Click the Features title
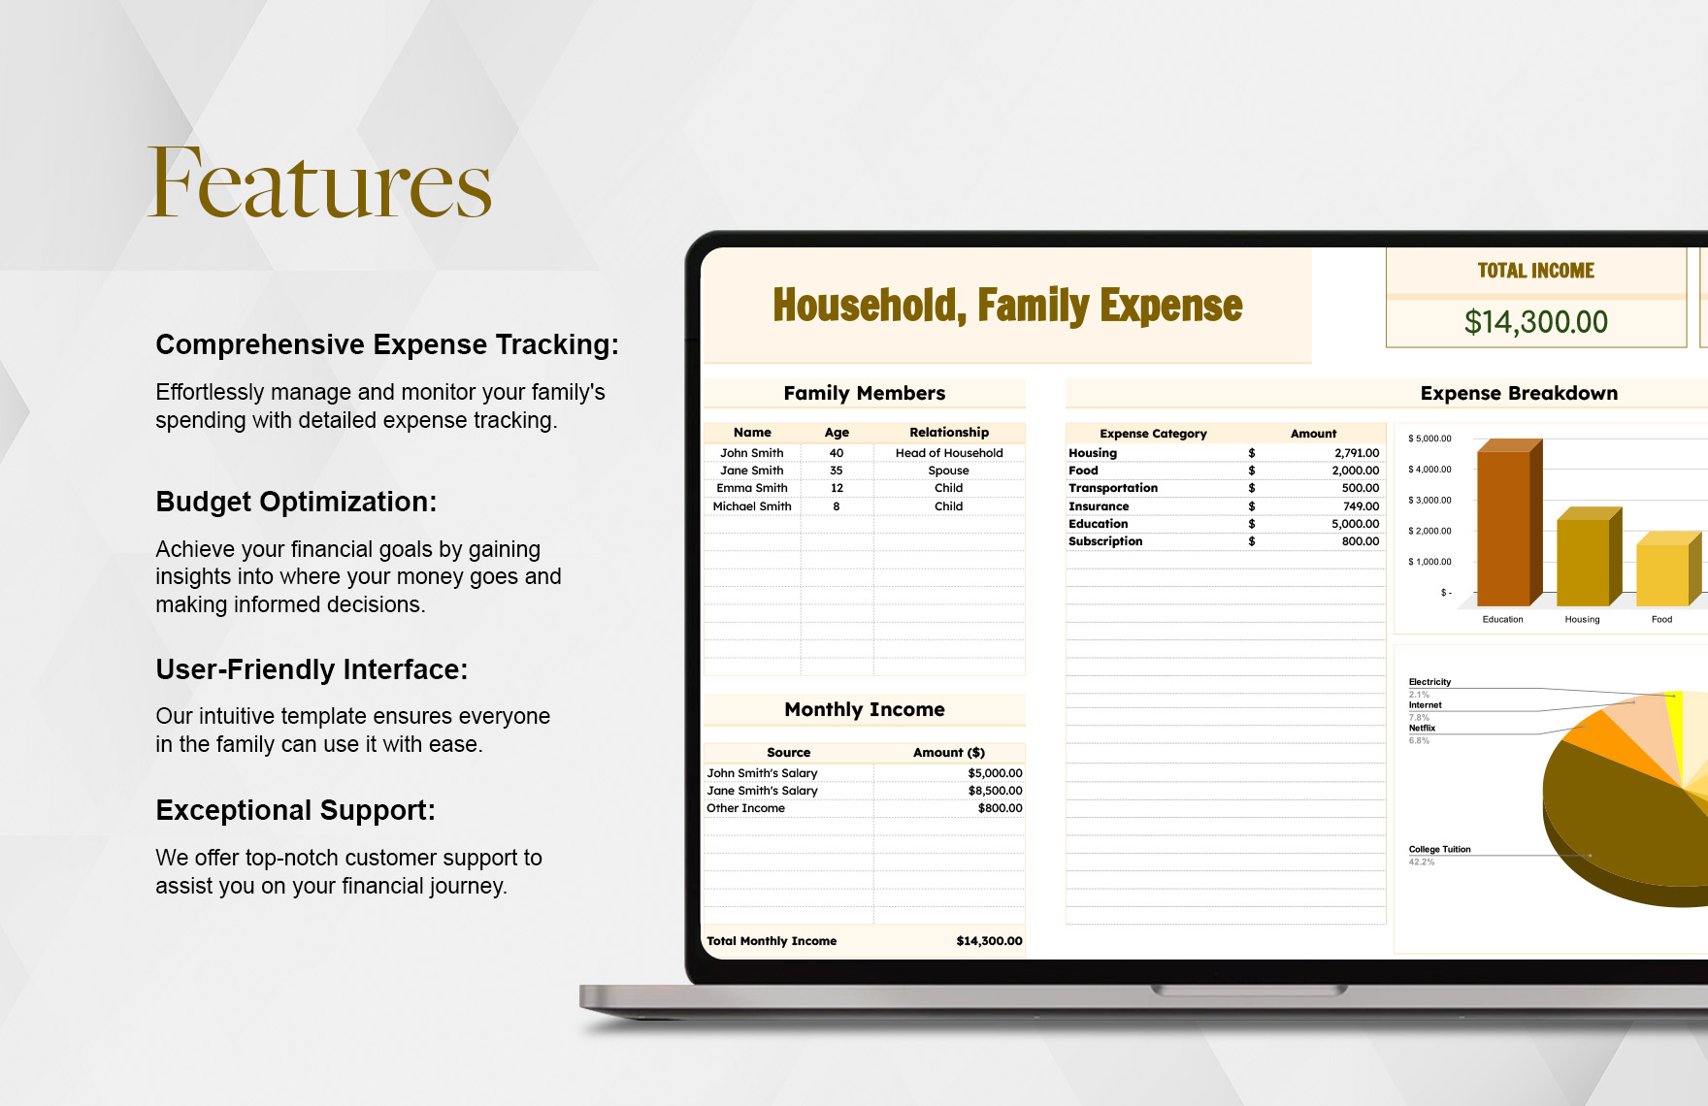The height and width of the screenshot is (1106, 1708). point(320,183)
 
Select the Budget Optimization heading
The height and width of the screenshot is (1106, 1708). point(296,502)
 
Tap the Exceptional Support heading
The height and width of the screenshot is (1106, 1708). point(295,810)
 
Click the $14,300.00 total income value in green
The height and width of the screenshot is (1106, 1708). point(1535,322)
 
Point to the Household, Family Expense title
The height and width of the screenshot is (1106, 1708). point(1007,306)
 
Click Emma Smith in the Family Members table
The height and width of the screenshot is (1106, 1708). point(752,488)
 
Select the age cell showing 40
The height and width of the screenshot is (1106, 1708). point(837,453)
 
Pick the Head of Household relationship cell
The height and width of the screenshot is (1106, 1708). point(949,453)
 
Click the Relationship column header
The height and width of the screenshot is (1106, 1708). point(949,433)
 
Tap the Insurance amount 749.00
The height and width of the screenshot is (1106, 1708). point(1361,506)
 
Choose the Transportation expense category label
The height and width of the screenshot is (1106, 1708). point(1113,488)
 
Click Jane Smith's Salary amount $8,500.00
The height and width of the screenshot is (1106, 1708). point(995,791)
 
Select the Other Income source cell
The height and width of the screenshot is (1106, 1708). point(745,808)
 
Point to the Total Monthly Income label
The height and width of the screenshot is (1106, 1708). point(772,941)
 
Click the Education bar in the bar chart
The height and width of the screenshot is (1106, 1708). point(1503,529)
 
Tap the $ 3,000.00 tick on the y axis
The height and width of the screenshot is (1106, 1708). point(1429,501)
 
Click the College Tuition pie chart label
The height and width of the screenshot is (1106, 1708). point(1439,850)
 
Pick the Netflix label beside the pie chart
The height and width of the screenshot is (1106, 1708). point(1422,728)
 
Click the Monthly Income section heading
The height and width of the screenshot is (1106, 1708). point(865,709)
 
